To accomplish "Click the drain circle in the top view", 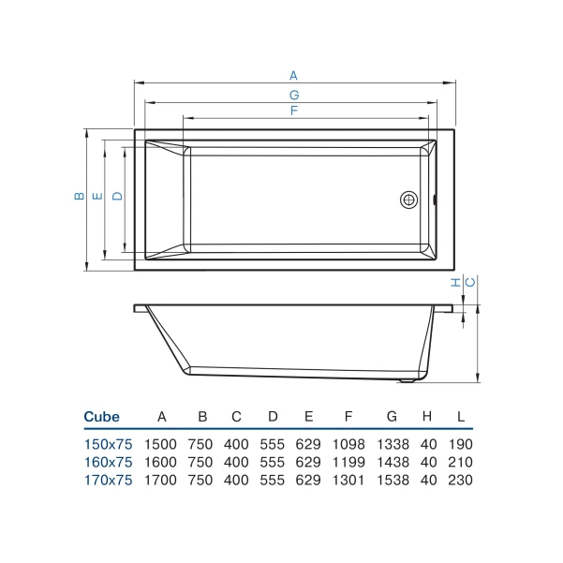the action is click(409, 200).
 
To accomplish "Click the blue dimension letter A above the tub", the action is click(294, 76).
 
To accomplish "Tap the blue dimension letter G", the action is click(294, 96).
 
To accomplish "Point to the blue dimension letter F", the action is click(294, 111).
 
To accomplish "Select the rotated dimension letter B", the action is click(80, 196).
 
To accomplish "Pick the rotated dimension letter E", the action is click(97, 197).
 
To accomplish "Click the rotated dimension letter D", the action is click(117, 196).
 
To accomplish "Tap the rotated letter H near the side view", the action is click(455, 283).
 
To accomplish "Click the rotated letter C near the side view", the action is click(470, 283).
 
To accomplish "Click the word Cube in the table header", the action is click(101, 417).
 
